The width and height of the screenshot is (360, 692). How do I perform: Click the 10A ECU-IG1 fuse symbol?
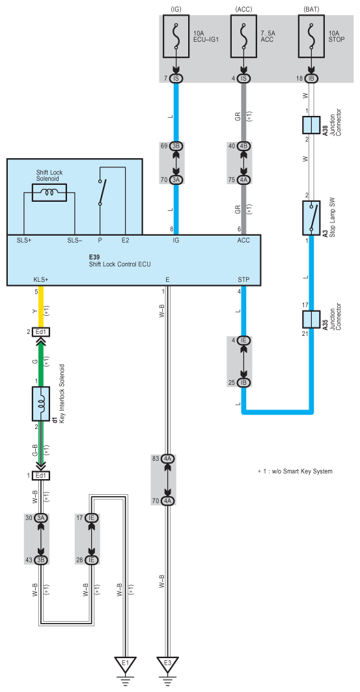(176, 37)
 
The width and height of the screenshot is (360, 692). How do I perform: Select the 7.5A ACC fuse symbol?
(244, 37)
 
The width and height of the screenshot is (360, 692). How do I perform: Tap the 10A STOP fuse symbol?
(312, 37)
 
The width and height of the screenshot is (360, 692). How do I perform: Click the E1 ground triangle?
(126, 665)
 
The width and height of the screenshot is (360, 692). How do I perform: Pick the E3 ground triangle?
(168, 665)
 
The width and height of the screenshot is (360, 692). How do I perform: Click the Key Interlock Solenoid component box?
(41, 404)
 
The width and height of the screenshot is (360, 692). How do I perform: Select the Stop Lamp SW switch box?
(312, 218)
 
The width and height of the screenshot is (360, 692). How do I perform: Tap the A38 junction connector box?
(312, 126)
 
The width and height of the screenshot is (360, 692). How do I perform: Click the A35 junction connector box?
(312, 320)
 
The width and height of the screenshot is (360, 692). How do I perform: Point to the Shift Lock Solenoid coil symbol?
(49, 193)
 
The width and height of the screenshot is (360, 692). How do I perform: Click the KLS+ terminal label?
(40, 279)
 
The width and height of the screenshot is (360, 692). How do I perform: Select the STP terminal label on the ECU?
(243, 279)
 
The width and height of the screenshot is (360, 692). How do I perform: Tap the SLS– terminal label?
(75, 240)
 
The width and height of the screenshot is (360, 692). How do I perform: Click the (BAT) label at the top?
(312, 8)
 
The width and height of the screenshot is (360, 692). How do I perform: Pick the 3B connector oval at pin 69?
(176, 146)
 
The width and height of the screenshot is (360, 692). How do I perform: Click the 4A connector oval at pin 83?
(168, 459)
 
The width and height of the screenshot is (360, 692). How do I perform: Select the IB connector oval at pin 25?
(244, 382)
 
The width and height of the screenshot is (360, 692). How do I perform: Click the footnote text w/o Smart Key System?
(304, 471)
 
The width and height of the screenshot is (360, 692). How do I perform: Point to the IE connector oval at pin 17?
(92, 518)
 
